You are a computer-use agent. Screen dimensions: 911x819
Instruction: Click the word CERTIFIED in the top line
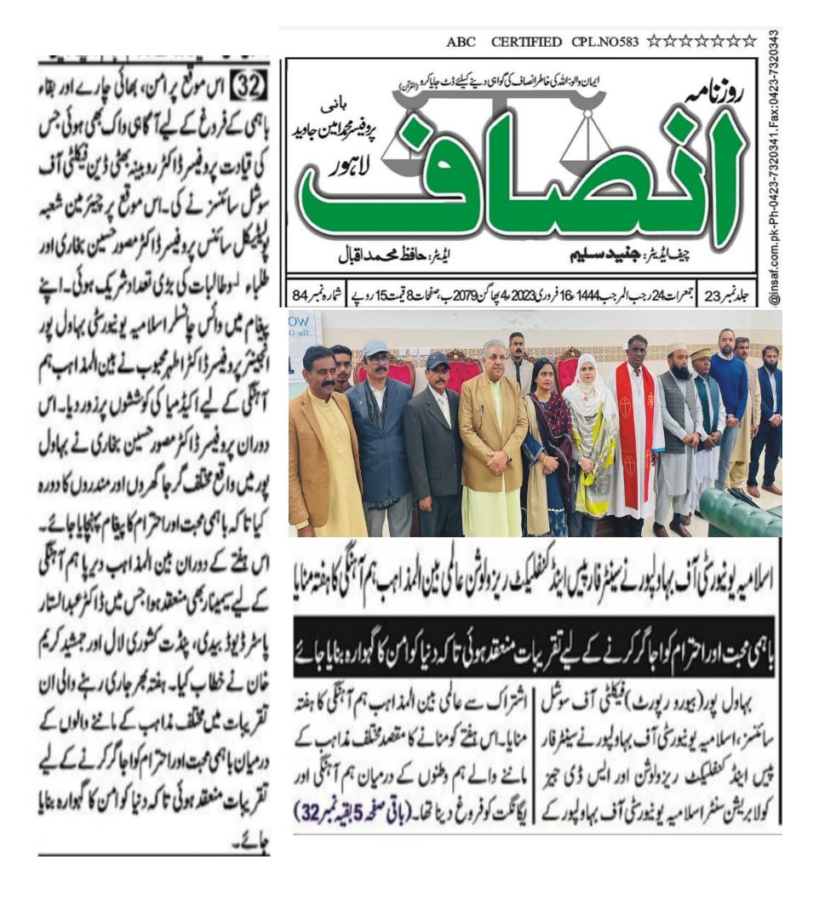pos(526,42)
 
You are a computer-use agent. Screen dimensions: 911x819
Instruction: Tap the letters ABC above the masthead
pos(461,42)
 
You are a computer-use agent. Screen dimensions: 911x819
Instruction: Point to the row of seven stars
pos(701,41)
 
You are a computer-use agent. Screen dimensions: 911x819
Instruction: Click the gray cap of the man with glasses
pos(375,348)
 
